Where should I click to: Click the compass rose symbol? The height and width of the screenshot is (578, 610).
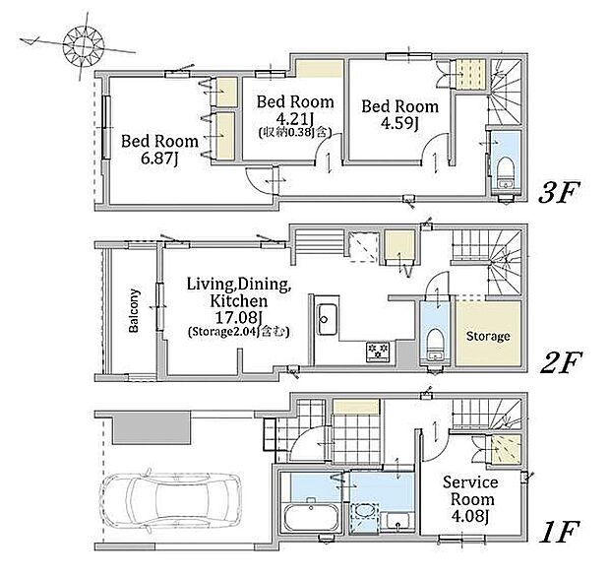pyautogui.click(x=84, y=45)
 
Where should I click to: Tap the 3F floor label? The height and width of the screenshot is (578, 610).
pyautogui.click(x=559, y=191)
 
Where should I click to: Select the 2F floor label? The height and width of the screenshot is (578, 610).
pyautogui.click(x=561, y=361)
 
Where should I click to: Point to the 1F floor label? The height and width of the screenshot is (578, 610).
pyautogui.click(x=560, y=532)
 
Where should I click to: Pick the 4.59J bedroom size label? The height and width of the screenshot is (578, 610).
pyautogui.click(x=399, y=123)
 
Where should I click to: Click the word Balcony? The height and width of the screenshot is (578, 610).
pyautogui.click(x=134, y=310)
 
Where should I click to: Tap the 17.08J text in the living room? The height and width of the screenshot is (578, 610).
pyautogui.click(x=238, y=317)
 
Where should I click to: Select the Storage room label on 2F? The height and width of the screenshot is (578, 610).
pyautogui.click(x=488, y=336)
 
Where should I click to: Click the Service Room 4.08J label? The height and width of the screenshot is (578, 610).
pyautogui.click(x=470, y=499)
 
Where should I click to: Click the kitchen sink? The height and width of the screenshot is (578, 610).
pyautogui.click(x=327, y=319)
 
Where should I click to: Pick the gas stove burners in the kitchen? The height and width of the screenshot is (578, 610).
pyautogui.click(x=378, y=352)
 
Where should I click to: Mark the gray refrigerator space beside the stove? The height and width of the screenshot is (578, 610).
pyautogui.click(x=406, y=353)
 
